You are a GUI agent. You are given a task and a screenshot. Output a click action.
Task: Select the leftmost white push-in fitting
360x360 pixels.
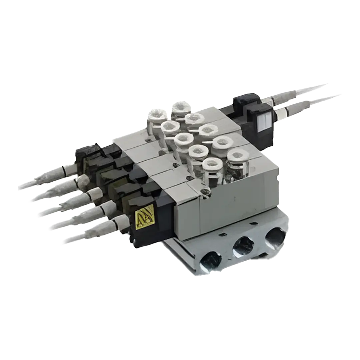pyautogui.click(x=157, y=115)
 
